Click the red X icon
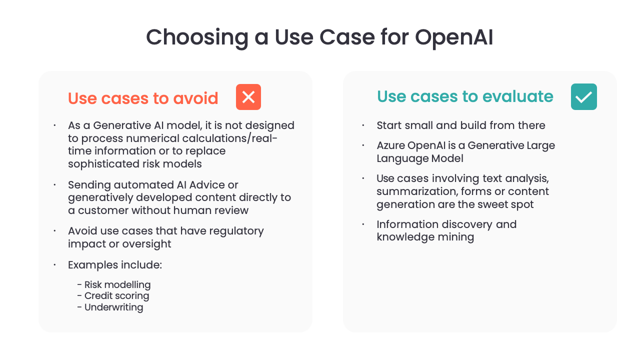coord(248,97)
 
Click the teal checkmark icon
coord(583,97)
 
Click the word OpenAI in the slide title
coord(454,37)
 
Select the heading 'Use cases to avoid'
coord(143,98)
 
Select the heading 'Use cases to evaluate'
coord(465,96)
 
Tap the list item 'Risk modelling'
coord(117,284)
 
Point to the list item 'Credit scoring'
coord(116,295)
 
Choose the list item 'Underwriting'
coord(113,307)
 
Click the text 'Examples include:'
coord(115,265)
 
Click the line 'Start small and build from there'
coord(460,125)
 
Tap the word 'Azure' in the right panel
coord(390,145)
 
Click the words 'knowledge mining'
coord(425,237)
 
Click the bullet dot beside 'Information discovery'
coord(363,224)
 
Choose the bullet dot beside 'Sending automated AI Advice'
coord(54,185)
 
